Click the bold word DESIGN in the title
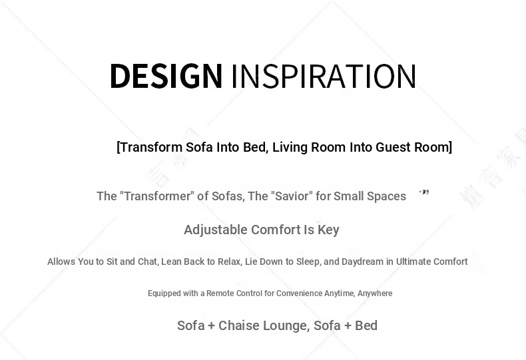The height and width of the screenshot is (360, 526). click(166, 76)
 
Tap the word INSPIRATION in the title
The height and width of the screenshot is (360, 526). click(324, 77)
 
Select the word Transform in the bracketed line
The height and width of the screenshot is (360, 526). click(151, 147)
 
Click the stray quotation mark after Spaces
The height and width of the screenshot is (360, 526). click(424, 192)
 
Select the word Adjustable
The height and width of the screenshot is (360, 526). click(216, 230)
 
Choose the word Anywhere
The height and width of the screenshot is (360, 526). click(375, 293)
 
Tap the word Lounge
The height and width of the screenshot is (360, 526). click(286, 326)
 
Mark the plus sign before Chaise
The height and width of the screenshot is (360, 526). click(211, 326)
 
